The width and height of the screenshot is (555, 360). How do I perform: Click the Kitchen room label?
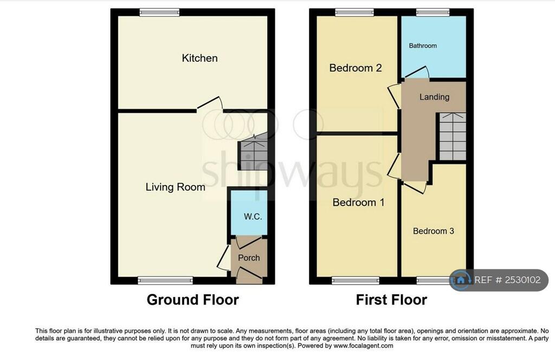pos(199,58)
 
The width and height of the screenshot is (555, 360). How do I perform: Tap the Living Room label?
pos(175,187)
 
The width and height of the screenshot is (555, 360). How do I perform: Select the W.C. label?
pos(253,216)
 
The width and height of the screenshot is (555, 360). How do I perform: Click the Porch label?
pos(249,258)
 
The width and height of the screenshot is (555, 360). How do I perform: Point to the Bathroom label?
pos(423,46)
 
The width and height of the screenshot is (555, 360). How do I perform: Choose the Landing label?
pos(434,97)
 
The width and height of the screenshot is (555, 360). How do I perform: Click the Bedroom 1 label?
pos(358,202)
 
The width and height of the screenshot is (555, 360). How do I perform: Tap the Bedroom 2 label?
pos(355,68)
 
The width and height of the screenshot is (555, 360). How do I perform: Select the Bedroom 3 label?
pos(433,231)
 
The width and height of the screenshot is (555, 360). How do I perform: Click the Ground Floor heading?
pos(192,299)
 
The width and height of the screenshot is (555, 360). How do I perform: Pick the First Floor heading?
pos(391,299)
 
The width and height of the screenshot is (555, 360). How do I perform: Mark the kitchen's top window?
pos(159,12)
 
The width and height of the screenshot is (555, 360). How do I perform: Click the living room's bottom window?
pos(165,280)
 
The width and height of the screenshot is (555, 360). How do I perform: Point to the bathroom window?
pos(433,12)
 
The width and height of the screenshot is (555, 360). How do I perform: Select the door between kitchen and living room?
pos(210,105)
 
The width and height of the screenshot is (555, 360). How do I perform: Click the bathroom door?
pos(416,73)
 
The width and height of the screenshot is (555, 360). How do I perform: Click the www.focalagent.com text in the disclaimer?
pos(363,345)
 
